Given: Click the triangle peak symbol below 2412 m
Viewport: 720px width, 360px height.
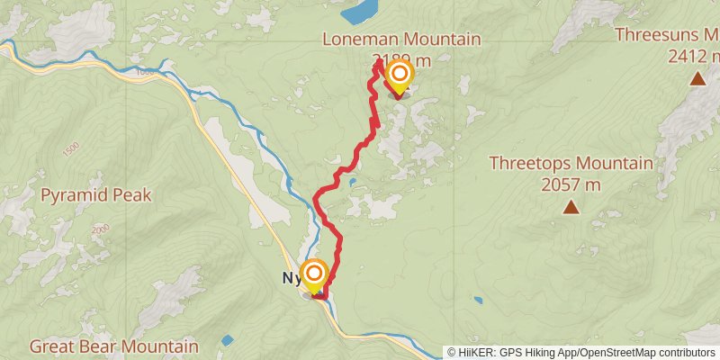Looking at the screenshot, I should coord(697,79).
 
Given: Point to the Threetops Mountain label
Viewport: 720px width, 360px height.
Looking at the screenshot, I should coord(571,164).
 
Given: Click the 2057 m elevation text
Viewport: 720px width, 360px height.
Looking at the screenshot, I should coord(571,185).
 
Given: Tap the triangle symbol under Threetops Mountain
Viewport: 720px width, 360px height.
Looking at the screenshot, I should coord(571,208).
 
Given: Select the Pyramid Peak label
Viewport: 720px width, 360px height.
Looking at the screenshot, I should coord(95,194).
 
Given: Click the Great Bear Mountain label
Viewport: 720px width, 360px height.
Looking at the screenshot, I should coord(113,346).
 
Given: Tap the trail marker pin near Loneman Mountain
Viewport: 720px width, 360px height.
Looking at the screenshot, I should coord(398,76).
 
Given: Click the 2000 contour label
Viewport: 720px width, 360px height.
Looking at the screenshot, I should coord(99,230).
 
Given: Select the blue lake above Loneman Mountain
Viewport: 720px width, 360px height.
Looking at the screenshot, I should coord(361,12).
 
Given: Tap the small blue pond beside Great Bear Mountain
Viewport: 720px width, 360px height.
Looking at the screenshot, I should coord(227,340).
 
